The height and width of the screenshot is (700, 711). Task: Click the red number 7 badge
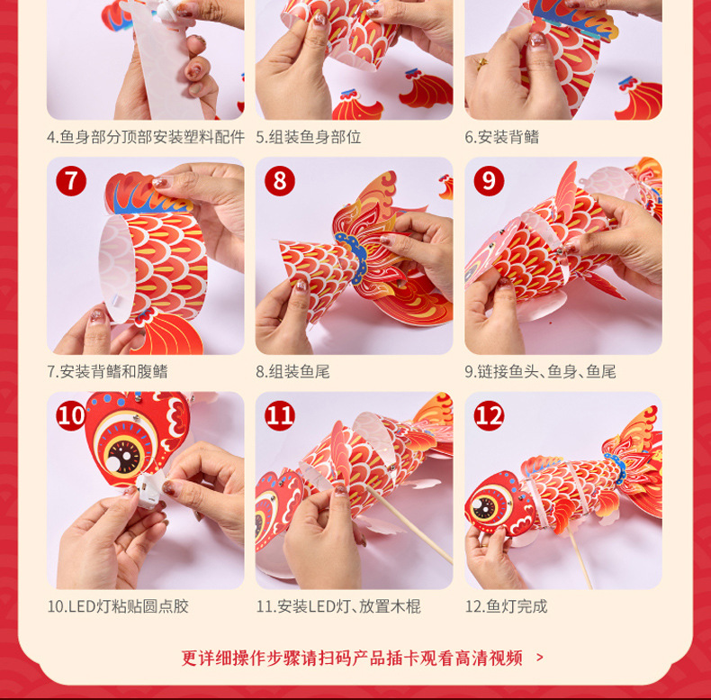point(71,181)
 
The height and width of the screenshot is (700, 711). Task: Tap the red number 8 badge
point(280,181)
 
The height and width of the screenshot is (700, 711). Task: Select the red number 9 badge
point(489,181)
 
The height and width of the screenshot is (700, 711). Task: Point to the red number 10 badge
point(71,416)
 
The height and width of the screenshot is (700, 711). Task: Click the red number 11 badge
point(280,416)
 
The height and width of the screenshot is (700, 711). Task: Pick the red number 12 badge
point(489,416)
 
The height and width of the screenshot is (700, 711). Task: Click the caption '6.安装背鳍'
point(502,137)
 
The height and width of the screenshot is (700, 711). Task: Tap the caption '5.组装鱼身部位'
point(309,137)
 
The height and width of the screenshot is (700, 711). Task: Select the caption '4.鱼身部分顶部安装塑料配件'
point(146,137)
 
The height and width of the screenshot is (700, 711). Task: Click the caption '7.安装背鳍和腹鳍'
point(107,372)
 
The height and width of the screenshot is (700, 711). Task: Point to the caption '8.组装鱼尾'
point(292,372)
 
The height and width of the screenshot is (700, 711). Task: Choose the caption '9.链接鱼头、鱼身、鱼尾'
point(540,372)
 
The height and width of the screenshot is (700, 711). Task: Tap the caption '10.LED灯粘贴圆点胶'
point(118,606)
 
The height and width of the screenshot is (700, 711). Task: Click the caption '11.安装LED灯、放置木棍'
point(338,606)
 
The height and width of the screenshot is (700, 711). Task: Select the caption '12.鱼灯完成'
point(506,606)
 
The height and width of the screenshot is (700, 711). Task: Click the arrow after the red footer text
point(540,658)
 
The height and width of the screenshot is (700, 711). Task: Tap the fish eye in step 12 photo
point(486,505)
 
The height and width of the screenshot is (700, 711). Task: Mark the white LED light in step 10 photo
point(150,490)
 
